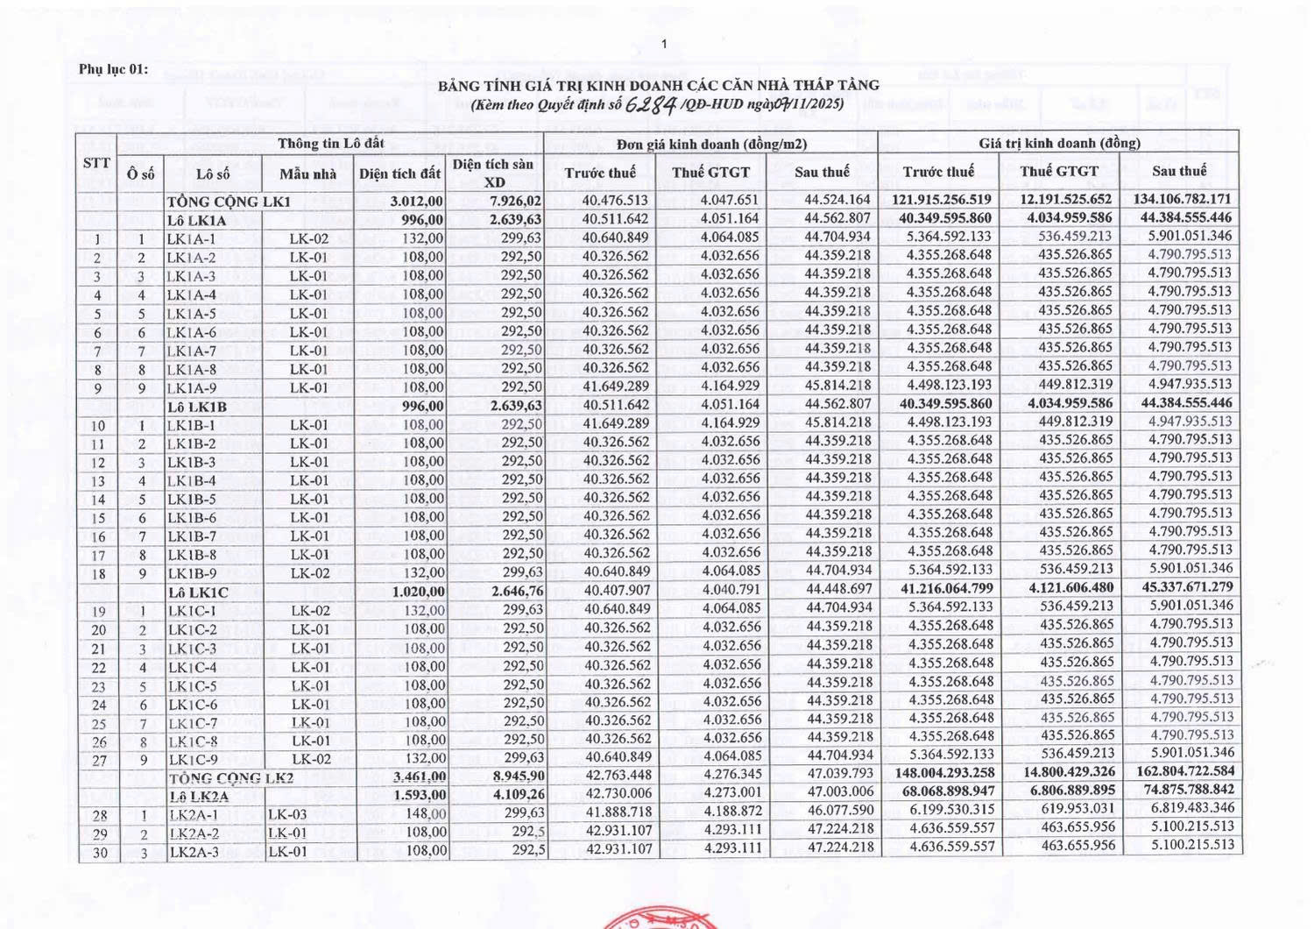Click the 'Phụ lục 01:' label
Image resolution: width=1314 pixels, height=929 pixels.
point(113,69)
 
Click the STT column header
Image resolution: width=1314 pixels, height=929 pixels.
point(96,162)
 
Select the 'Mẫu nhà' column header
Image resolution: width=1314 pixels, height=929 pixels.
point(308,174)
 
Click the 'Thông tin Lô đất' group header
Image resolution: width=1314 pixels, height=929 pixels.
point(330,143)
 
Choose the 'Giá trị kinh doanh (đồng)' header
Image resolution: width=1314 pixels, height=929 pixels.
point(1059,143)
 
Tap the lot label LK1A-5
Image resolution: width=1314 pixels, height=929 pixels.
point(191,313)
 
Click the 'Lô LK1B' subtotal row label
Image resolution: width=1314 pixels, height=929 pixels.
point(197,407)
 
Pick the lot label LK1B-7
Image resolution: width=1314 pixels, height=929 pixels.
point(191,535)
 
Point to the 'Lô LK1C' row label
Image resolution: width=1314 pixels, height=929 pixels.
point(198,592)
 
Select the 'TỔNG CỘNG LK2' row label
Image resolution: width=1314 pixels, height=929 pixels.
point(215,777)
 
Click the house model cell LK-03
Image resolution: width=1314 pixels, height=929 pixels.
point(287,814)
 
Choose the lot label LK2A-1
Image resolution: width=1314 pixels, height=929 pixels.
point(194,814)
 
